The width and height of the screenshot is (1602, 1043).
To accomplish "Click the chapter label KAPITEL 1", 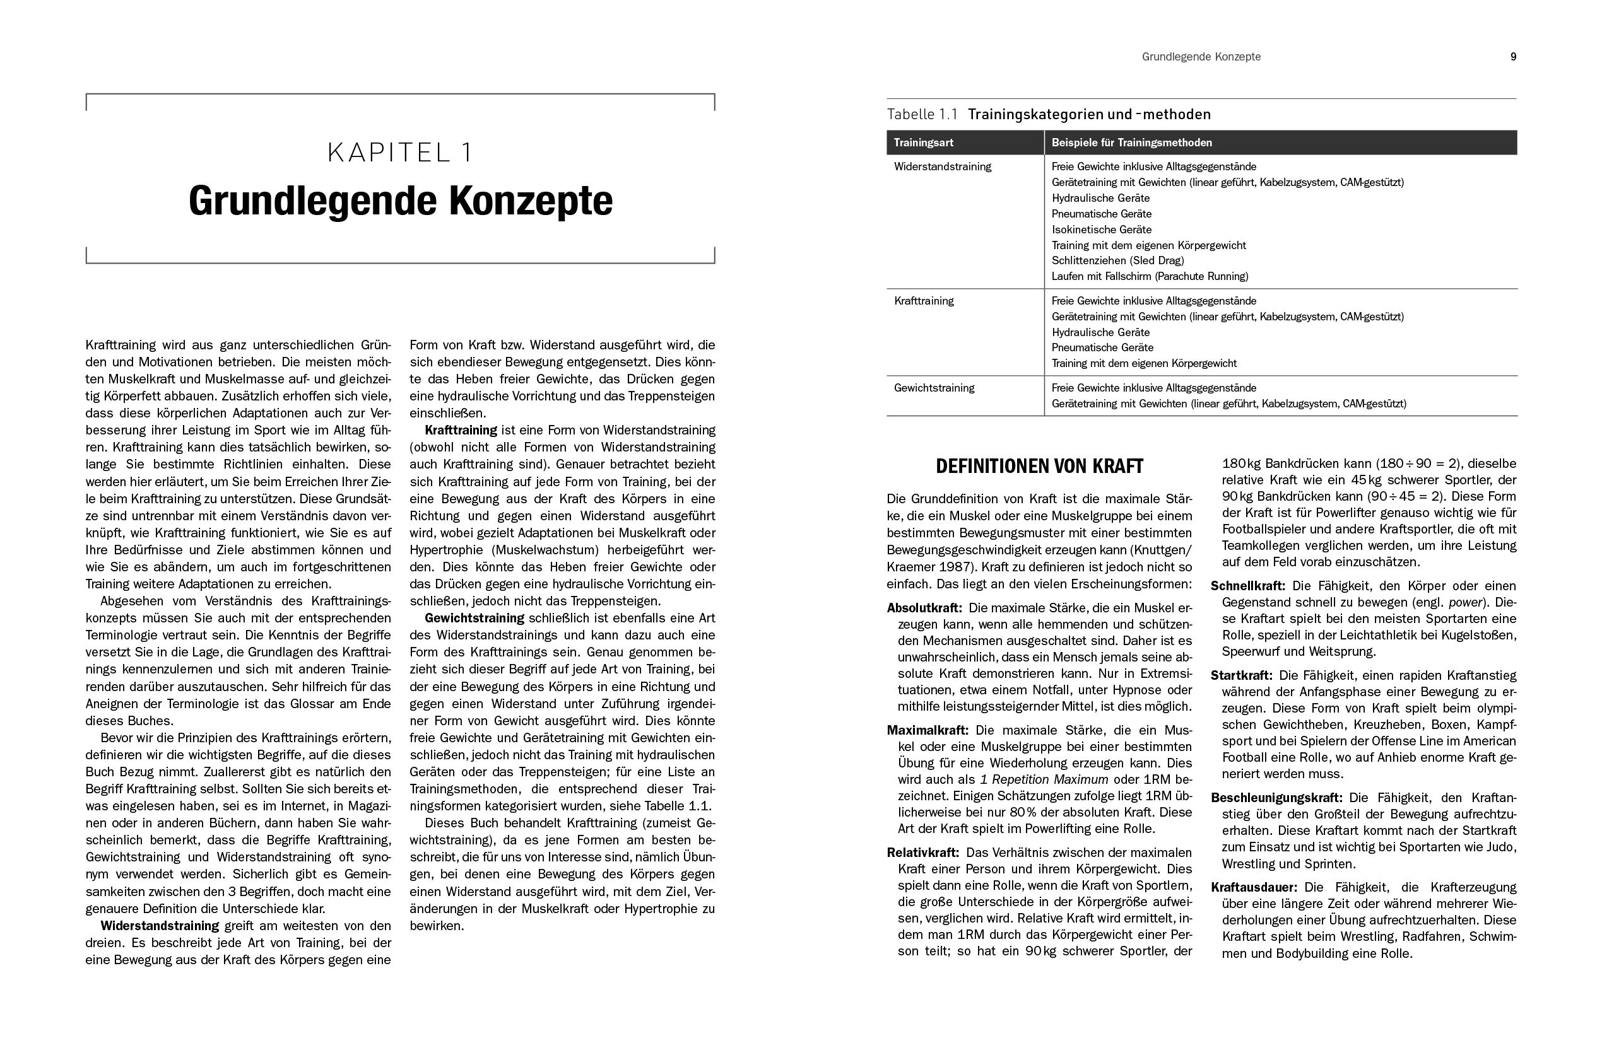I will [x=400, y=153].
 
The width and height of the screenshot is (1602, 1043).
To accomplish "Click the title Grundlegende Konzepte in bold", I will [x=401, y=201].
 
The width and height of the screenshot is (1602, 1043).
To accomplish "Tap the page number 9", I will [x=1513, y=57].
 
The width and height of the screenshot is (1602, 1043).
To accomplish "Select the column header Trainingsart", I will [x=923, y=143].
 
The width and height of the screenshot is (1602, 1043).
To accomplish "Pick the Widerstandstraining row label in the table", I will [x=943, y=167].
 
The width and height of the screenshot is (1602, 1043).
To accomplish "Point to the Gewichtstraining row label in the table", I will [x=934, y=388].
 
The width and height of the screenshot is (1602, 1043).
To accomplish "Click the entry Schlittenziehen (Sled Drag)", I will [x=1117, y=260].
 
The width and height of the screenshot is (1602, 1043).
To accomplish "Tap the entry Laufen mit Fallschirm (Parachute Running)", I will [x=1150, y=277].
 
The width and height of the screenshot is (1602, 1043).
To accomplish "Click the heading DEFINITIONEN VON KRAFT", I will [x=1039, y=466].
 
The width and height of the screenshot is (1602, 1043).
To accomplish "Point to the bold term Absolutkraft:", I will [x=924, y=609].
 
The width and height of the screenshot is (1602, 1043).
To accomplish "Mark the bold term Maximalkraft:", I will [x=927, y=730].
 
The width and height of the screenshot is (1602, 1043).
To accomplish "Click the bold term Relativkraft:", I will [x=922, y=853].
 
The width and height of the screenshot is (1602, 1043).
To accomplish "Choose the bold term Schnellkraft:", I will [x=1248, y=586].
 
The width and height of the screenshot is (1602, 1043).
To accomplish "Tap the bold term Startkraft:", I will [x=1241, y=675].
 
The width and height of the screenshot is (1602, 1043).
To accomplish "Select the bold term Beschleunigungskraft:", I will [x=1276, y=798].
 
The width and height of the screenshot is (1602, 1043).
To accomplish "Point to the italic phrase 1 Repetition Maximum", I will [x=1044, y=780].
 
